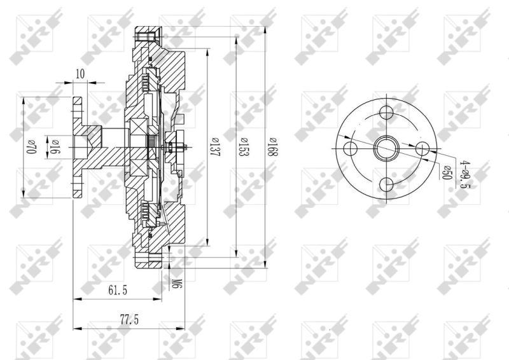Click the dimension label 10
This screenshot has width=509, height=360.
(x=80, y=74)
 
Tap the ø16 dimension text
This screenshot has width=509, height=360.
(x=55, y=146)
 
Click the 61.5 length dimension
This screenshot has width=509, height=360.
(x=118, y=290)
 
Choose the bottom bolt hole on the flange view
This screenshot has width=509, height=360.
(x=385, y=184)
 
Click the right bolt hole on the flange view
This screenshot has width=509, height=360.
(x=421, y=149)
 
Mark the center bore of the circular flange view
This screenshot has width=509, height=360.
(x=385, y=149)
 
